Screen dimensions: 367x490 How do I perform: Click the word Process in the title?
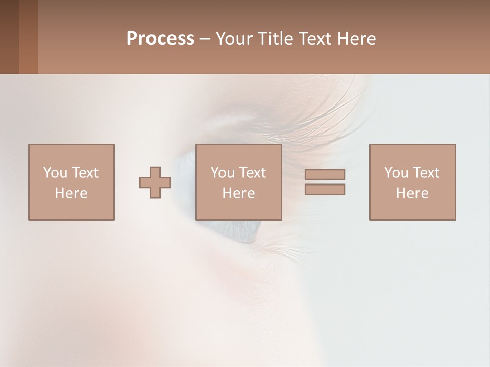click(160, 39)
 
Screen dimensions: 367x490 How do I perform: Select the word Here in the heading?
click(356, 39)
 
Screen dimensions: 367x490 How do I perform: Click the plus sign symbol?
click(155, 182)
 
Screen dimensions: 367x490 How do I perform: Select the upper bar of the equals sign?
click(325, 174)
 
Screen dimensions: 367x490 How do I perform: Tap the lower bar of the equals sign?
click(325, 189)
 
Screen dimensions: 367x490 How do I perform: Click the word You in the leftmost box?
click(55, 173)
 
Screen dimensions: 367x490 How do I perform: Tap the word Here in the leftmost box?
click(71, 193)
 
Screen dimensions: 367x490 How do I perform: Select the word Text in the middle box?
click(252, 173)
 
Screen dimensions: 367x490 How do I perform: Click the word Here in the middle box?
click(238, 193)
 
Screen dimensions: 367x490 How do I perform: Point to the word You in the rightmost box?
click(396, 173)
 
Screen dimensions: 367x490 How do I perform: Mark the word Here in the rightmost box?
click(412, 193)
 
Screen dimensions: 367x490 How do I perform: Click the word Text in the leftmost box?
click(85, 173)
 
